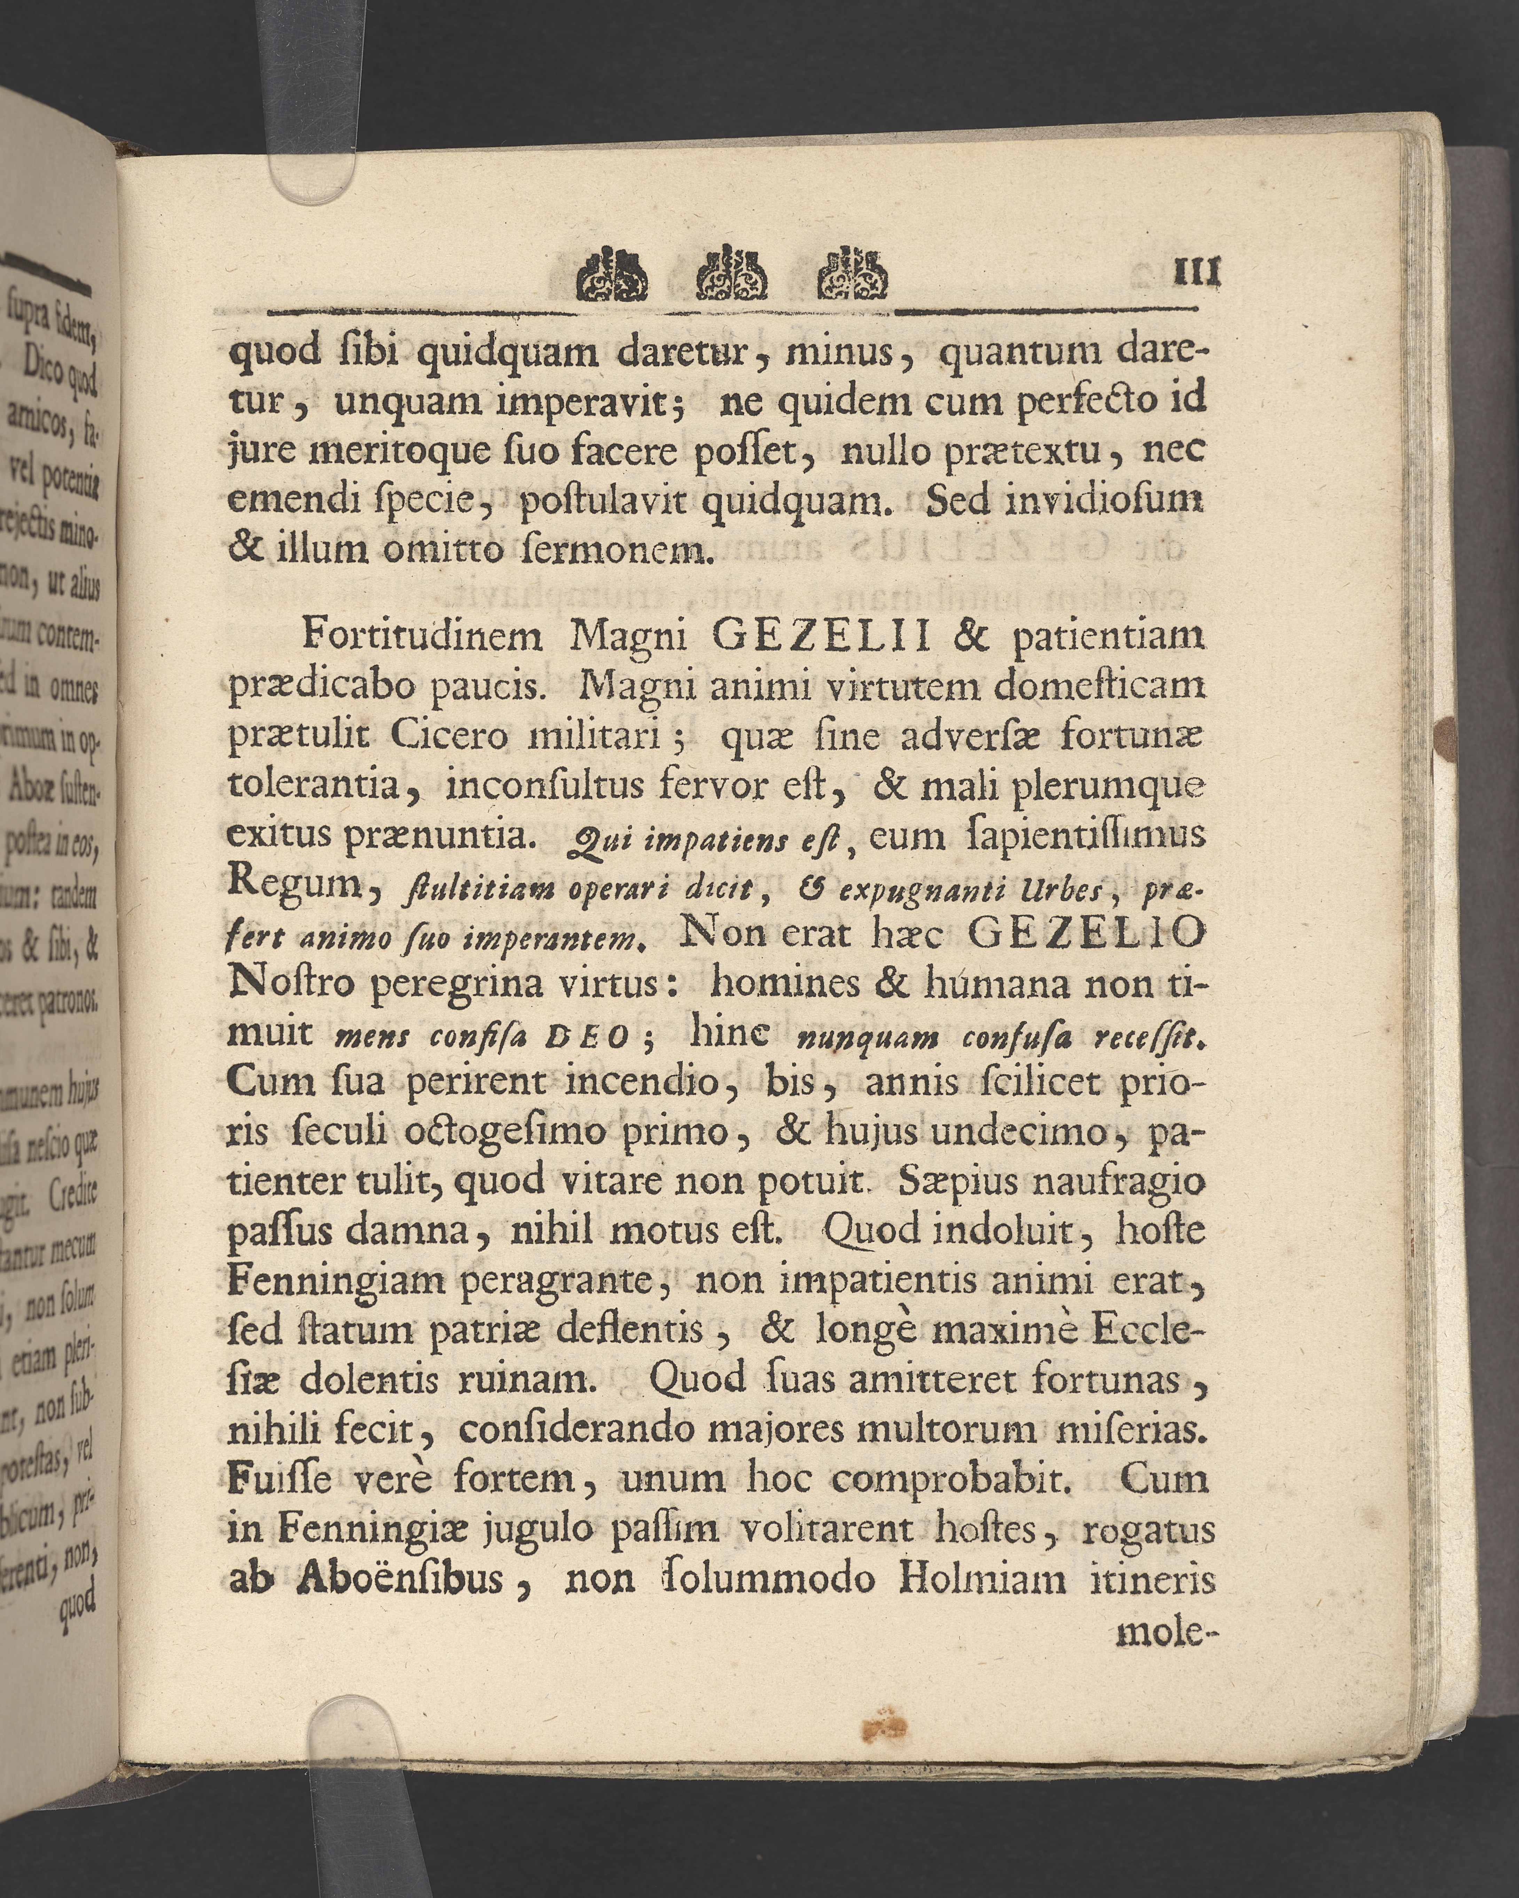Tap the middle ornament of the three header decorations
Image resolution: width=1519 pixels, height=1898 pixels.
point(732,273)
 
